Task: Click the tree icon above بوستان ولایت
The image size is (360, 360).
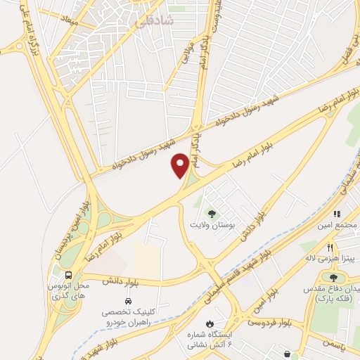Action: click(210, 213)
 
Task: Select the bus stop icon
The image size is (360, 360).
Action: click(69, 275)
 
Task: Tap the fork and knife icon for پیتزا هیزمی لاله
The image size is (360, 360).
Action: click(330, 247)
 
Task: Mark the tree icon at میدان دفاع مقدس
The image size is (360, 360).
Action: click(333, 278)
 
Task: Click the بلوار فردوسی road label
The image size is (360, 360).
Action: click(268, 323)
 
